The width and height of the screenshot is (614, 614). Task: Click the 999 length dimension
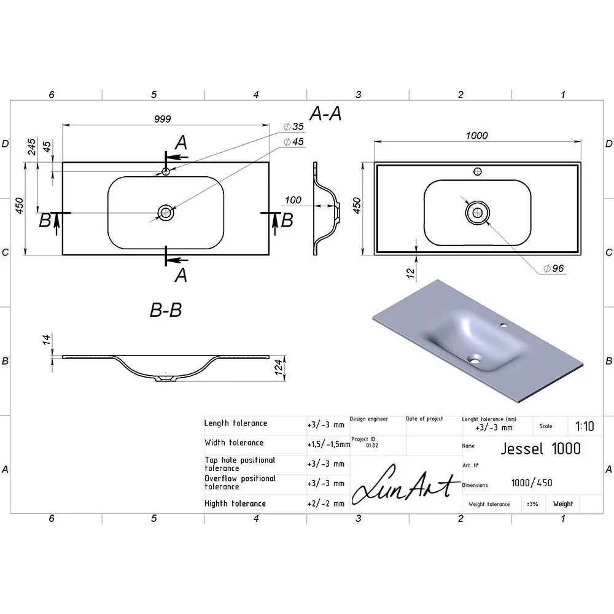162,119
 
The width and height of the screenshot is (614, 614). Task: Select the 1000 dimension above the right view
476,136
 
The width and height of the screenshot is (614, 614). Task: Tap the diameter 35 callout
293,126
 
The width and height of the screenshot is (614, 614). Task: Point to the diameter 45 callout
293,141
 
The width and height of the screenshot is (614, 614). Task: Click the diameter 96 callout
554,268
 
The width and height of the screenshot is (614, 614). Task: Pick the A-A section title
325,114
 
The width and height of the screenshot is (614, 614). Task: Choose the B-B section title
166,309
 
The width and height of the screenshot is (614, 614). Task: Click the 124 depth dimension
278,367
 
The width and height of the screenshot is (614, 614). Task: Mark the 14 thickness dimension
47,340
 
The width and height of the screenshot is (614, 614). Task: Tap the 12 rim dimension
410,273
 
